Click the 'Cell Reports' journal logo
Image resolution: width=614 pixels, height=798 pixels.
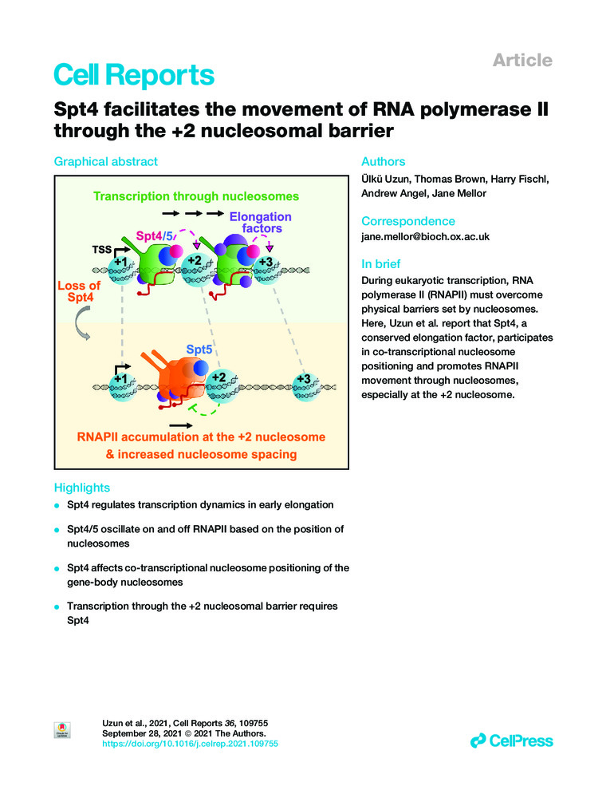tap(134, 75)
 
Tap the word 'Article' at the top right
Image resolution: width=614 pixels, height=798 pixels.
tap(522, 60)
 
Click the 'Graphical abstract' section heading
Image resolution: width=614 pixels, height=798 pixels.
tap(105, 161)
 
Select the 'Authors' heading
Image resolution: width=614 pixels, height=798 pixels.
tap(384, 161)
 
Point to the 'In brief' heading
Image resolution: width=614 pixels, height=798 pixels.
tap(381, 264)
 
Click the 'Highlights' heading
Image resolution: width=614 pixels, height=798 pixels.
tap(81, 488)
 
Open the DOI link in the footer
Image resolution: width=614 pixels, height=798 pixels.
tap(191, 743)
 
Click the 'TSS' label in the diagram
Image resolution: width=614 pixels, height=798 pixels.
tap(100, 248)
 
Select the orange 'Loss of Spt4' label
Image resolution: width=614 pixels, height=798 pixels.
tap(80, 291)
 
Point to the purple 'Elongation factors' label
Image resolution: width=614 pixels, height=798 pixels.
tap(260, 223)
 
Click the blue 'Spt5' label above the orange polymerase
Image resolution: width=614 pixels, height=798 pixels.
tap(199, 350)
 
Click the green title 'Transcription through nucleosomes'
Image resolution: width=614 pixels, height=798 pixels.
tap(195, 196)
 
